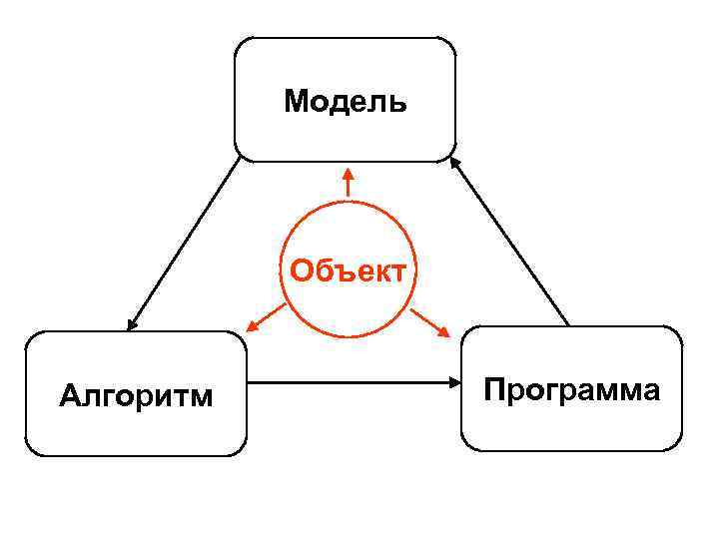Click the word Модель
click(346, 101)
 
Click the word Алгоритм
click(136, 396)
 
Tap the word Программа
click(571, 389)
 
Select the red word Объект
click(348, 269)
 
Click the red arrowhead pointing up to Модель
click(348, 174)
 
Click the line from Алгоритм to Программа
click(350, 381)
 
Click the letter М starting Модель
click(295, 101)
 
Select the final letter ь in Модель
click(399, 101)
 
